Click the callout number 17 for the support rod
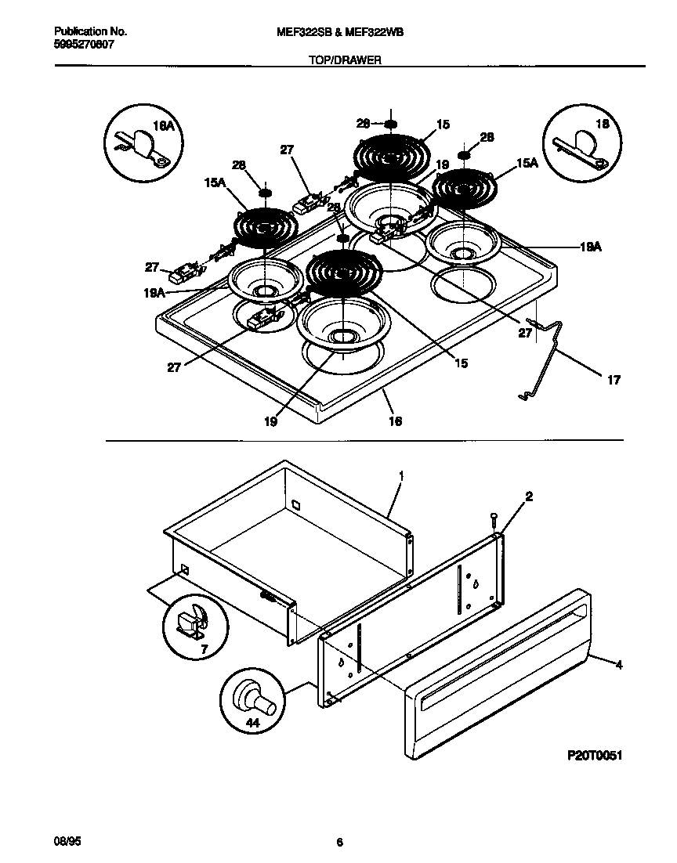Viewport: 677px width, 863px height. tap(614, 381)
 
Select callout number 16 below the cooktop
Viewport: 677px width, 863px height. tap(395, 422)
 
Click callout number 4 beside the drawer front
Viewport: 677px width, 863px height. tap(619, 666)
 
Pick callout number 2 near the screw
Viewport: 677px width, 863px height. tap(529, 496)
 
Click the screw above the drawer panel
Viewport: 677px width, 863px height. tap(494, 517)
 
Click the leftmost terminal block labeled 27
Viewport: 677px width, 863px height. tap(185, 273)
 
